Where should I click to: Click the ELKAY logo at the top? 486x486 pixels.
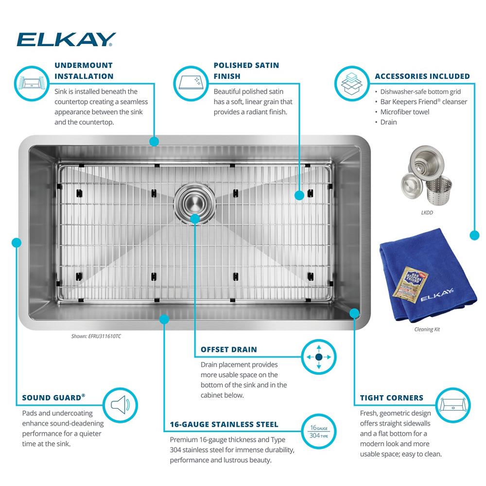pos(66,39)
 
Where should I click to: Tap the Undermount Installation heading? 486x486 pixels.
pos(84,70)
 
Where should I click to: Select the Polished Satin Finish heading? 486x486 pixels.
pos(246,70)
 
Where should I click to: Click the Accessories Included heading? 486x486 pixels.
pos(422,76)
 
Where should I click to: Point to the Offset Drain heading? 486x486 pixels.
pos(229,349)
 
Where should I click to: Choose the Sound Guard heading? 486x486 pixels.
pos(53,398)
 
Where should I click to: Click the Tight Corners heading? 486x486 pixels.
pos(391,398)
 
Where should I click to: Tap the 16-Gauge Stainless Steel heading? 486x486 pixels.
pos(224,424)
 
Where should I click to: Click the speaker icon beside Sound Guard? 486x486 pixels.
pos(120,405)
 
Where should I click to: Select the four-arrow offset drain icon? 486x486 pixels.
pos(319,357)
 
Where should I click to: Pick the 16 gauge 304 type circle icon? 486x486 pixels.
pos(319,432)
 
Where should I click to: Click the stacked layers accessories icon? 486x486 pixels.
pos(352,84)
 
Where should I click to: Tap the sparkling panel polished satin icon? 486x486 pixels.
pos(191,84)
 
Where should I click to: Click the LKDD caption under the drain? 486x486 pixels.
pos(427,213)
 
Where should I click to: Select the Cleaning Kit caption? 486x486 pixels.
pos(427,330)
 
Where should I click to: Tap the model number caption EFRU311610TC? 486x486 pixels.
pos(96,336)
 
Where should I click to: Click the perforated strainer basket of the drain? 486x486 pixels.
pos(438,188)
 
